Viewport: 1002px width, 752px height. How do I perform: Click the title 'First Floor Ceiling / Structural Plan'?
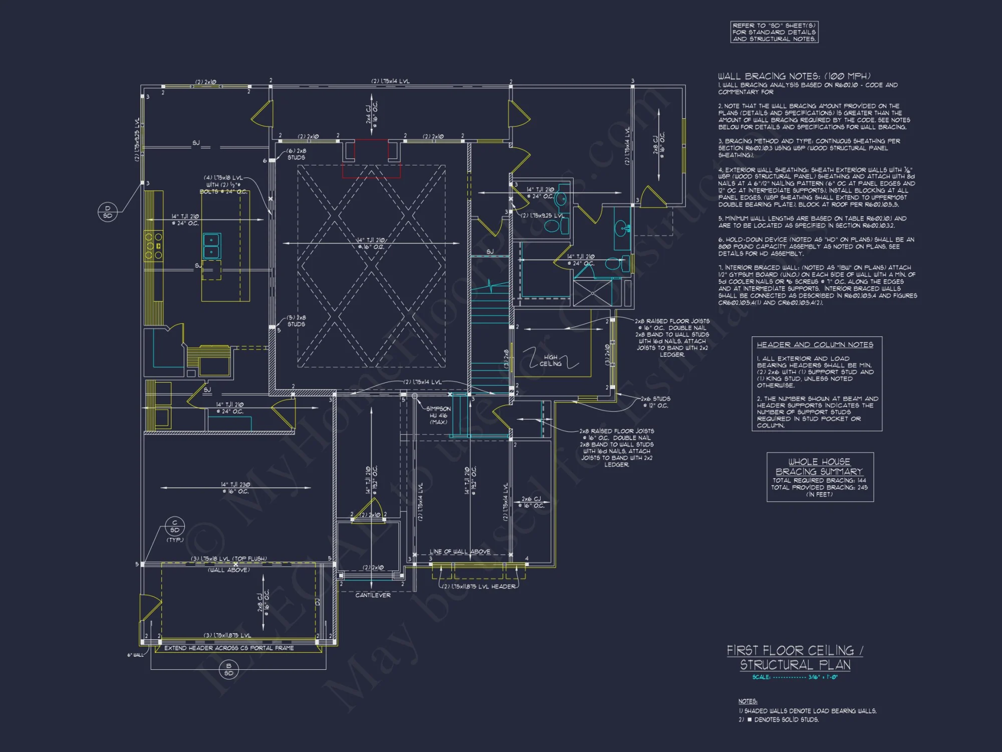click(x=795, y=657)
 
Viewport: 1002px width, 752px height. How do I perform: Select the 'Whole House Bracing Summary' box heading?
click(x=820, y=466)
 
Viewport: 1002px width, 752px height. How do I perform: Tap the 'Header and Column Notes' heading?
click(x=815, y=344)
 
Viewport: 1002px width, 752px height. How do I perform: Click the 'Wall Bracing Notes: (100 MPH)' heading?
click(x=794, y=76)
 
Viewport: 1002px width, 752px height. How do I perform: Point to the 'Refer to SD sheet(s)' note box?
click(x=774, y=32)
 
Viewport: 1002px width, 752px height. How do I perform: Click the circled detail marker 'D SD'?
click(x=108, y=212)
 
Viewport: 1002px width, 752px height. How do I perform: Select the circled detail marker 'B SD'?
click(x=228, y=669)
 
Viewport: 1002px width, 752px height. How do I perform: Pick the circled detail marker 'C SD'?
click(x=175, y=526)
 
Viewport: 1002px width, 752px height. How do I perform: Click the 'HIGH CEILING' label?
click(x=551, y=360)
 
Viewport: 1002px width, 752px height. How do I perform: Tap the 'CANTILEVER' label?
click(x=373, y=595)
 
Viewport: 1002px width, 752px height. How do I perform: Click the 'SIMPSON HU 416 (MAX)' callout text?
click(x=438, y=415)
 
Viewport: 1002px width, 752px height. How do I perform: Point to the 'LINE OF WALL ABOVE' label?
click(x=460, y=551)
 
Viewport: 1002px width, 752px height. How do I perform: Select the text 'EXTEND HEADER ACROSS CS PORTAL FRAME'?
click(x=229, y=648)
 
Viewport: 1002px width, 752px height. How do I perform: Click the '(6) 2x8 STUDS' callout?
click(x=296, y=154)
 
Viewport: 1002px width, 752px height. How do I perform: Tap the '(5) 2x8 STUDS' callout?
click(x=296, y=321)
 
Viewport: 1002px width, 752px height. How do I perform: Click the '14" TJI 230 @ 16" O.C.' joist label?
click(x=235, y=488)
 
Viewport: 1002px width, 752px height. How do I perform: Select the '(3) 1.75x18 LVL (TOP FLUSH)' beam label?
click(x=228, y=558)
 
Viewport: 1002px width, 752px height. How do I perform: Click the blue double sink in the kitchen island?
click(x=211, y=246)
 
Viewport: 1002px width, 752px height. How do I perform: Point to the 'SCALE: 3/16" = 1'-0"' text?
click(x=795, y=677)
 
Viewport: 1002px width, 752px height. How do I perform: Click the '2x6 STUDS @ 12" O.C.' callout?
click(x=656, y=402)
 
